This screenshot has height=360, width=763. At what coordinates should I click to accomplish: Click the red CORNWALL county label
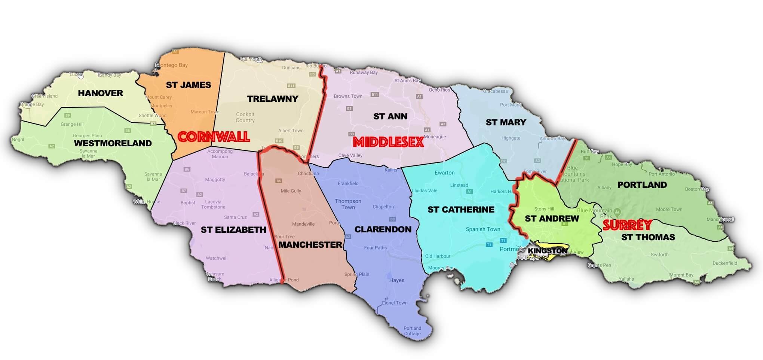pyautogui.click(x=214, y=137)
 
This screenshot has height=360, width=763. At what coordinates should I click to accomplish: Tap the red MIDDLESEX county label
pyautogui.click(x=389, y=142)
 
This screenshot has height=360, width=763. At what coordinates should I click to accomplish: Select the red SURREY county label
pyautogui.click(x=628, y=225)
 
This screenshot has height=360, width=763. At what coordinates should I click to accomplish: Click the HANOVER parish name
pyautogui.click(x=100, y=93)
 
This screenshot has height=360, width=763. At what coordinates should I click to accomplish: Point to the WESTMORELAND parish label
pyautogui.click(x=113, y=143)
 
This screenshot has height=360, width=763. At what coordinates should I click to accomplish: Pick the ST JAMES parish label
pyautogui.click(x=189, y=85)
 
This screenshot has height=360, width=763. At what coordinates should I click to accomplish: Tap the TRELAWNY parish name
pyautogui.click(x=273, y=99)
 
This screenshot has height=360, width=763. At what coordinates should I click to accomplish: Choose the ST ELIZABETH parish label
pyautogui.click(x=233, y=230)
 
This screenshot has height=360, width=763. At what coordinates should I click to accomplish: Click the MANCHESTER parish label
pyautogui.click(x=310, y=245)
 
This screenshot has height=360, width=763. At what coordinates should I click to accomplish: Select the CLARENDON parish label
pyautogui.click(x=383, y=229)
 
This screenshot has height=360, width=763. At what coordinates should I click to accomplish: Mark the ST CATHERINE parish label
pyautogui.click(x=461, y=210)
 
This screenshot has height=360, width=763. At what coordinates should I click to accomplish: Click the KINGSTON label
pyautogui.click(x=548, y=251)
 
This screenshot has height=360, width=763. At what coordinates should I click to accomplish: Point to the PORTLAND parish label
pyautogui.click(x=642, y=185)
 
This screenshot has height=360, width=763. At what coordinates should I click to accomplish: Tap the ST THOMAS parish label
pyautogui.click(x=648, y=237)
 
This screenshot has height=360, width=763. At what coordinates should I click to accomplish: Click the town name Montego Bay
pyautogui.click(x=172, y=65)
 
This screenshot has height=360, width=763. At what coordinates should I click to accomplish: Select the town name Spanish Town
pyautogui.click(x=483, y=229)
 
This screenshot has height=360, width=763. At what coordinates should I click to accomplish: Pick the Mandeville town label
pyautogui.click(x=303, y=224)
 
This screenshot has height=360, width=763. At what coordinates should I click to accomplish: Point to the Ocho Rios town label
pyautogui.click(x=439, y=90)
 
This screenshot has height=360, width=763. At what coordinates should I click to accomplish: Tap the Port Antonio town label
pyautogui.click(x=661, y=174)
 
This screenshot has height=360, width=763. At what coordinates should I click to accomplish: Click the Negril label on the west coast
pyautogui.click(x=18, y=140)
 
